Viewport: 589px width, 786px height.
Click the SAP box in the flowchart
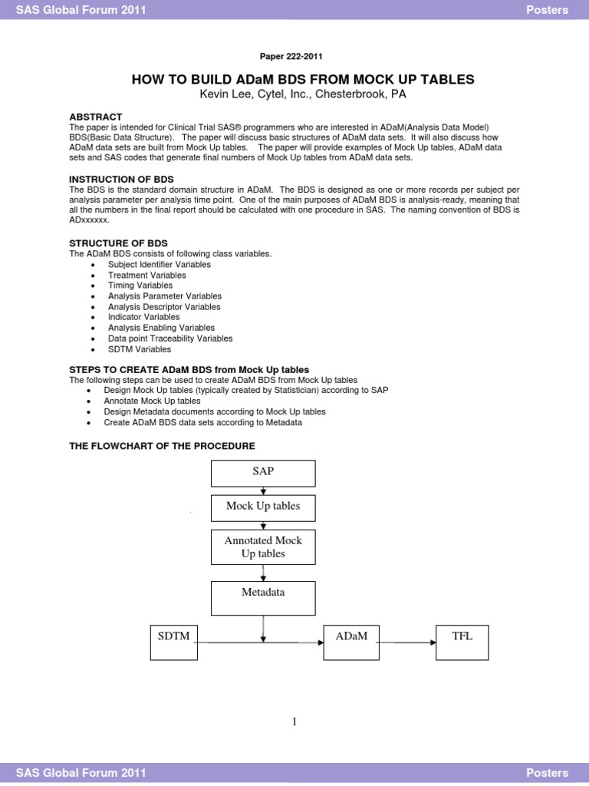click(x=263, y=473)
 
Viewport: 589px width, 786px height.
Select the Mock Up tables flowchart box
click(x=263, y=507)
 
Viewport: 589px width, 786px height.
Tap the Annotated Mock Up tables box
click(x=263, y=547)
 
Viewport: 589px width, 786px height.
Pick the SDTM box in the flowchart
click(x=174, y=642)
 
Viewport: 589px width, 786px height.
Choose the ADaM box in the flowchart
click(x=351, y=642)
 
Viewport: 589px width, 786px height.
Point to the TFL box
click(x=462, y=642)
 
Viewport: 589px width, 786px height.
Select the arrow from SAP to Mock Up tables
click(x=263, y=491)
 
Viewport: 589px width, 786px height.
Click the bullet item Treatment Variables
click(x=146, y=275)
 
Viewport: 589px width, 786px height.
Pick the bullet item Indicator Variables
click(x=144, y=317)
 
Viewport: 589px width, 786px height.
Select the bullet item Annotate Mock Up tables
click(x=152, y=401)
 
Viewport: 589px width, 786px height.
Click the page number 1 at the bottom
click(x=294, y=722)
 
